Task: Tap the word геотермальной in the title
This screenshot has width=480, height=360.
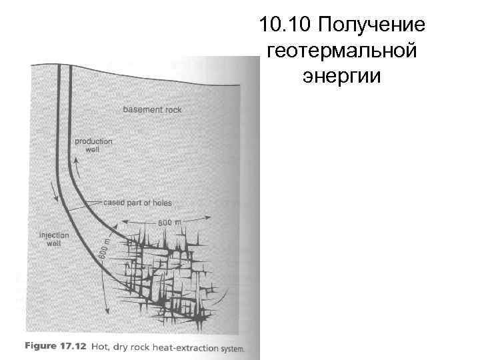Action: (341, 51)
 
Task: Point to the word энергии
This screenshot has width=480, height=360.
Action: (341, 75)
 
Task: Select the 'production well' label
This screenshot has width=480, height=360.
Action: (93, 145)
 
